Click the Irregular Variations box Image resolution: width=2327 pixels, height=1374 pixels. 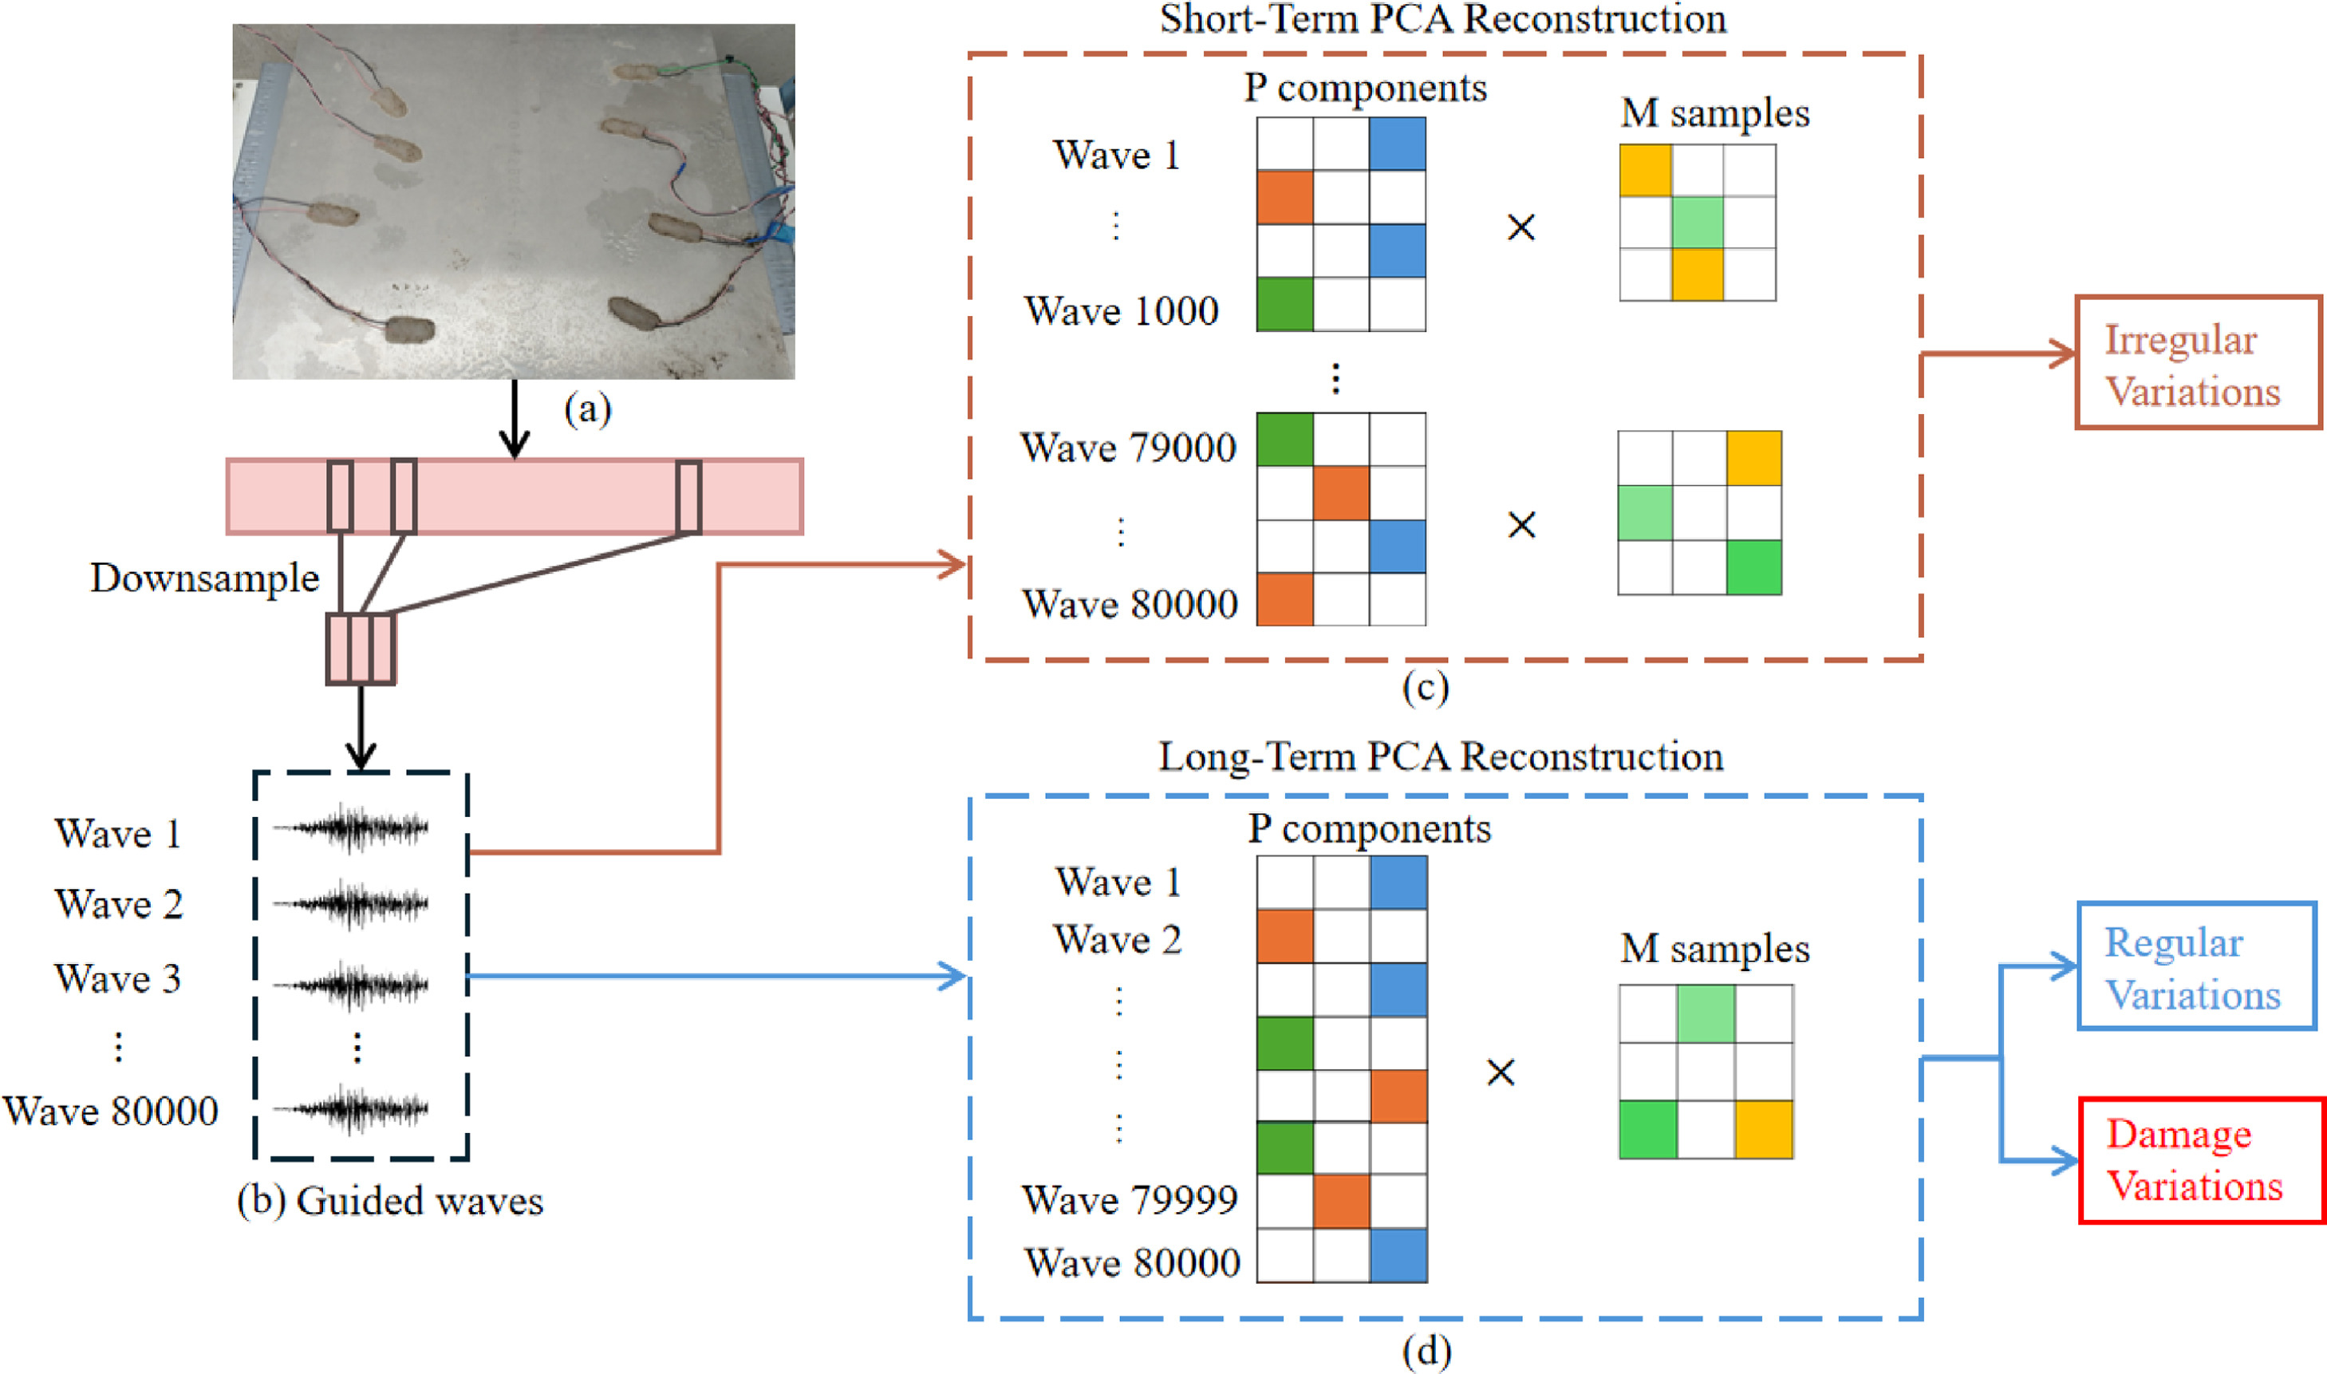coord(2198,363)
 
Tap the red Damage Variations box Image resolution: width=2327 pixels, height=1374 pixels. coord(2201,1160)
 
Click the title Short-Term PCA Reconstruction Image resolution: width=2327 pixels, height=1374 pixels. coord(1443,18)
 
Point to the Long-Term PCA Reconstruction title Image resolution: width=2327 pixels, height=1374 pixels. coord(1440,756)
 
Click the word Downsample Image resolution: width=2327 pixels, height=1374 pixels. coord(204,578)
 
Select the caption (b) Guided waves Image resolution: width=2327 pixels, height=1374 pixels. coord(389,1201)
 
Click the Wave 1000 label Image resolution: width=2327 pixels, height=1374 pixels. coord(1121,311)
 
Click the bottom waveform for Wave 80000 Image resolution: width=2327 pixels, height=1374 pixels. coord(352,1108)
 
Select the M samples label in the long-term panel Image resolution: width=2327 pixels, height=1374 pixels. coord(1714,949)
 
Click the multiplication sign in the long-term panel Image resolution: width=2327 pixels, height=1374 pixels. coord(1501,1073)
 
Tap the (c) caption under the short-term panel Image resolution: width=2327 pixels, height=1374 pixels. coord(1426,688)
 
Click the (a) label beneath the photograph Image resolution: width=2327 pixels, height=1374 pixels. coord(588,409)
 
